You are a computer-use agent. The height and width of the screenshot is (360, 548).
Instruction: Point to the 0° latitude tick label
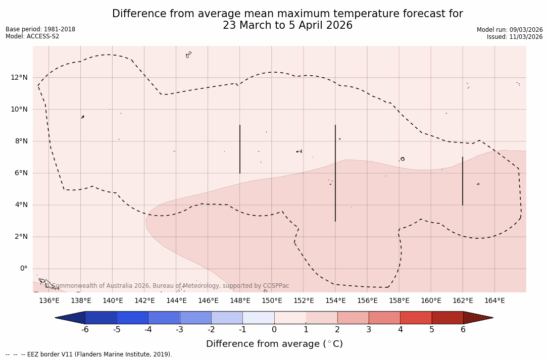(23, 269)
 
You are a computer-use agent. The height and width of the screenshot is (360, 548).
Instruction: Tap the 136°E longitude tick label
(49, 301)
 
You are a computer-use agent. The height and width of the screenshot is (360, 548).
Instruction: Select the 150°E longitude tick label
(272, 301)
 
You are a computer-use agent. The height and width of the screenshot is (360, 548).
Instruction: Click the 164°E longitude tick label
(494, 301)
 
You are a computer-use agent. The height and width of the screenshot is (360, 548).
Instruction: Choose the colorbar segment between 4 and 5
(416, 318)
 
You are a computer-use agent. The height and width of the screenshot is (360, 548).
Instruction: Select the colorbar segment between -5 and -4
(132, 318)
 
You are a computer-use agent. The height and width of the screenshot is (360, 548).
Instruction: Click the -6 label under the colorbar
(85, 330)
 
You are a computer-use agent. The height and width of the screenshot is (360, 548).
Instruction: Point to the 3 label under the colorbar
(369, 330)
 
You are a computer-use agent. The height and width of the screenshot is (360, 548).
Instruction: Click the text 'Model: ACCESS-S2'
(32, 36)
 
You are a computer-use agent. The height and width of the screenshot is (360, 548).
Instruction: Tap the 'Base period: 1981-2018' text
(40, 29)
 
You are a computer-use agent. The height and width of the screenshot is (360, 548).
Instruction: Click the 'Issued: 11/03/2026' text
(515, 37)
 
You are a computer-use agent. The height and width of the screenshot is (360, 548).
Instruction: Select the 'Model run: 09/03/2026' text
(510, 30)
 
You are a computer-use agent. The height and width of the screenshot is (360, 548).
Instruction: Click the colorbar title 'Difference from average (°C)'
(274, 344)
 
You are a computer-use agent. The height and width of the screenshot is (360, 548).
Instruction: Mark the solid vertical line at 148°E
(240, 149)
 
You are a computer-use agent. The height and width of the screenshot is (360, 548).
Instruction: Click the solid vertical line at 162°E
(463, 181)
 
